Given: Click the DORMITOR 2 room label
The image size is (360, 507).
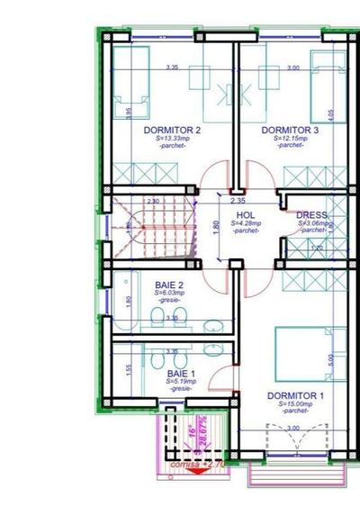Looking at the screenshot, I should (172, 130).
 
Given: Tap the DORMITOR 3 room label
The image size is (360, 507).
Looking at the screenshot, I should (290, 130).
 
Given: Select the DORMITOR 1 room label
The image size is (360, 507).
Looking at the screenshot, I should (294, 395).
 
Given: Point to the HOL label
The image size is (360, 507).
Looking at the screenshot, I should (246, 214).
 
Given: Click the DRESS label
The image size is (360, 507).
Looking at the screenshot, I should (310, 214).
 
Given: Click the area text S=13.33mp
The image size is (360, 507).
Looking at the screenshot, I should (172, 138).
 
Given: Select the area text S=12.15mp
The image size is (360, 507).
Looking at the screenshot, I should (290, 138).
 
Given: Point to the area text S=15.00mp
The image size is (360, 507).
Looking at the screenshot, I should (294, 404).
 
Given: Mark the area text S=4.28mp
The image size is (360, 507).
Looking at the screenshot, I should (246, 222).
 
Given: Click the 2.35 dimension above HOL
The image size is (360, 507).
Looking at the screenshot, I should (238, 200).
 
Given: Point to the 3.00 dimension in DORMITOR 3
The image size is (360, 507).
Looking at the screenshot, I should (292, 68).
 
